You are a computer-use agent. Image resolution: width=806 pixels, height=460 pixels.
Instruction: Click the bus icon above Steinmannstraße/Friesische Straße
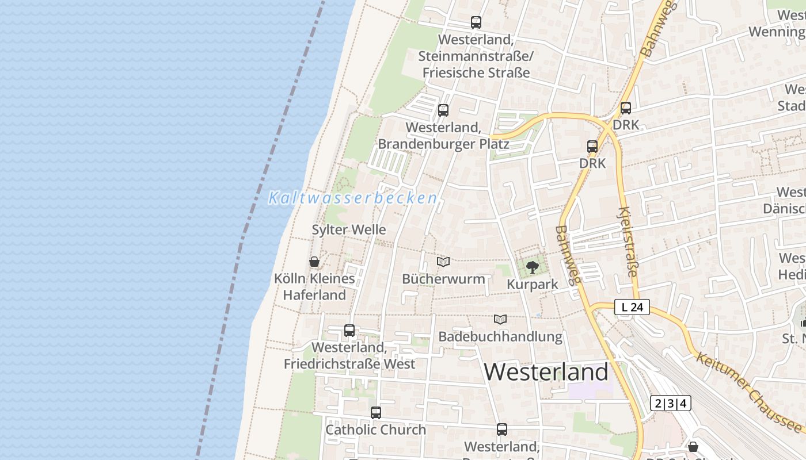[476, 22]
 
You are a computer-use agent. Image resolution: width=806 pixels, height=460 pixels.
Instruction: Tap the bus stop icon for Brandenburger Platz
[443, 110]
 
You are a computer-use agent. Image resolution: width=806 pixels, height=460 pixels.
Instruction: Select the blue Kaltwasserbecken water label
[352, 198]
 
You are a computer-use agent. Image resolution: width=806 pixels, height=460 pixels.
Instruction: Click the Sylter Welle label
[349, 229]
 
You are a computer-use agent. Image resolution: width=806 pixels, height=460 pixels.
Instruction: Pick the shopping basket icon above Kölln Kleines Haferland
[314, 262]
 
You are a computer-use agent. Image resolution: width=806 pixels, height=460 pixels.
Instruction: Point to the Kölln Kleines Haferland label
[314, 287]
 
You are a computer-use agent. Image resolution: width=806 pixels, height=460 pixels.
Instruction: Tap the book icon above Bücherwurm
[443, 262]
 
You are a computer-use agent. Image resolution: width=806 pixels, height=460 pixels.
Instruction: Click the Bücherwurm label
[443, 279]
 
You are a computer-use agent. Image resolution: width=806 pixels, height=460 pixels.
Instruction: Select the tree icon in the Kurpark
[533, 267]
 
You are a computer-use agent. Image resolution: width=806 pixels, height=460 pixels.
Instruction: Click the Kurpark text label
[533, 284]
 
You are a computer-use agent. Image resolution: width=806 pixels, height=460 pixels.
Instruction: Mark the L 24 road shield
[632, 307]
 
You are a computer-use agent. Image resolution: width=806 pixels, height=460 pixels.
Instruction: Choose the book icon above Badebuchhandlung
[500, 319]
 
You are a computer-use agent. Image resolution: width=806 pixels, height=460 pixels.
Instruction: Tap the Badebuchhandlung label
[500, 336]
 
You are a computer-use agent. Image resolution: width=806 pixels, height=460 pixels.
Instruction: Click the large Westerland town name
[546, 372]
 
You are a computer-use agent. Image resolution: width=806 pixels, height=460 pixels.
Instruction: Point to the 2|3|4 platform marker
[671, 403]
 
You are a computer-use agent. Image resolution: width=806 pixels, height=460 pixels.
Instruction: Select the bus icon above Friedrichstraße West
[349, 331]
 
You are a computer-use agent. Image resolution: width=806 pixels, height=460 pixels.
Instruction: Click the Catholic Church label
[376, 430]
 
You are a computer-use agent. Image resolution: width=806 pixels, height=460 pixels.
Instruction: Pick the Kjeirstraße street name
[628, 241]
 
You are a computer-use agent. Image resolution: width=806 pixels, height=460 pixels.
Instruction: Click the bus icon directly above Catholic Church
[376, 412]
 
